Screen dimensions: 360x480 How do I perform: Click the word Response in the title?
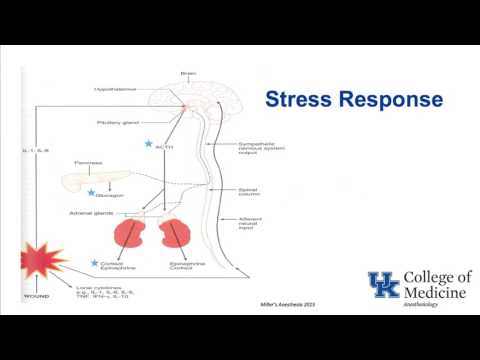(x=394, y=100)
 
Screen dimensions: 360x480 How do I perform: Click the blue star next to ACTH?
(x=149, y=145)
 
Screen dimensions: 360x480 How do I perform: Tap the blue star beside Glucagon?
(x=92, y=192)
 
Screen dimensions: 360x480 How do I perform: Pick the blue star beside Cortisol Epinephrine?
(x=92, y=262)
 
